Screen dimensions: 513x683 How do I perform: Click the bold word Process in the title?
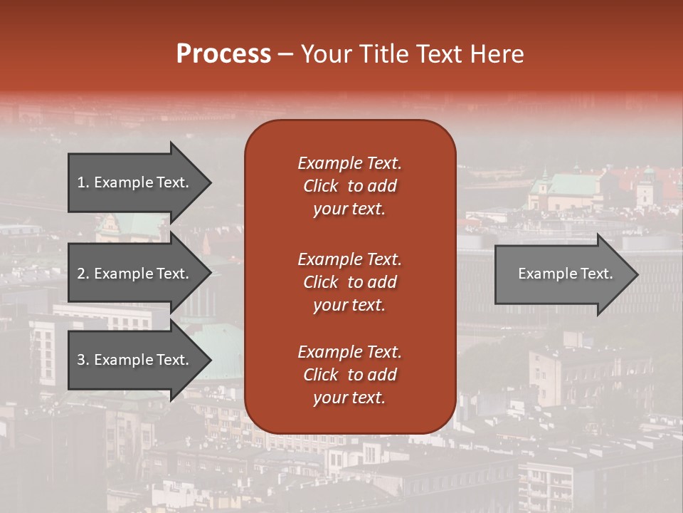point(223,54)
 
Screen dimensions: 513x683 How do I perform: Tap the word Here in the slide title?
point(496,54)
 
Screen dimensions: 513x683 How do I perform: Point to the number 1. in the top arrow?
point(83,182)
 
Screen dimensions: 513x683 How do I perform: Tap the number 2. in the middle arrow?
point(83,274)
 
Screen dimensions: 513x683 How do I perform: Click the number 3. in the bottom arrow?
point(83,360)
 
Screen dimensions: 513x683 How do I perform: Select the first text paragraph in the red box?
point(349,186)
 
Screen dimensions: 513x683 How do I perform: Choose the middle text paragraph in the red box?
point(349,282)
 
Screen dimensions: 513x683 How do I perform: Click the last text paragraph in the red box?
point(349,375)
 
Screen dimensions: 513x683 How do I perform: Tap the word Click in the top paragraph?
point(321,186)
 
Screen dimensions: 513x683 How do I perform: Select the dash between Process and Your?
point(285,54)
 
